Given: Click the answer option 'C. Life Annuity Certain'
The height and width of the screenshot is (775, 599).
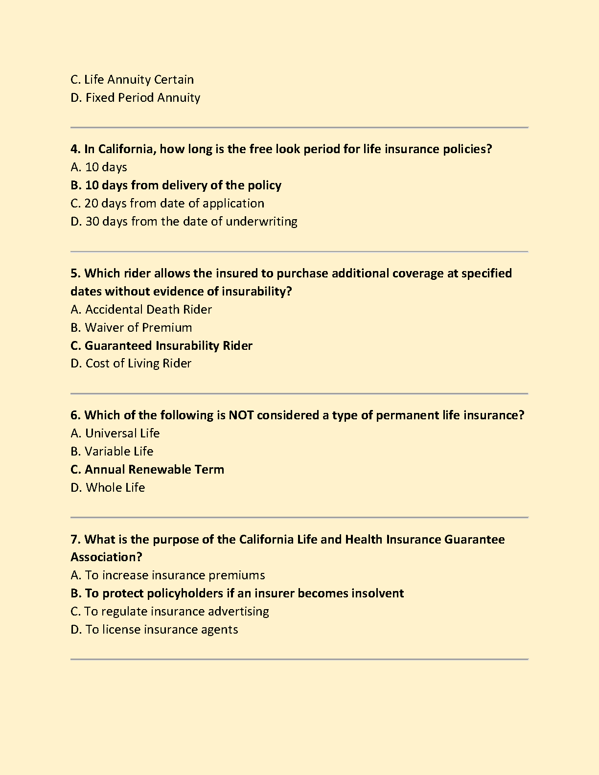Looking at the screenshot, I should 132,80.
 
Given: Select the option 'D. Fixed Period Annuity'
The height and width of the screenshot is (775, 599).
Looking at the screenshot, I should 135,98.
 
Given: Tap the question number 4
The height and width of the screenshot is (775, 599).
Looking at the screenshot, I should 75,149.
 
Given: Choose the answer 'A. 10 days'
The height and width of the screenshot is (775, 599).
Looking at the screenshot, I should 99,167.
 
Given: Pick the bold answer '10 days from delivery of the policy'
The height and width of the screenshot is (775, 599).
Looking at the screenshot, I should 183,185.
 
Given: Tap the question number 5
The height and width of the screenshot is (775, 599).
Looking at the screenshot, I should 75,274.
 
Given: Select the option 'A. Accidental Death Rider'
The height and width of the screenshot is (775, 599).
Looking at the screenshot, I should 141,310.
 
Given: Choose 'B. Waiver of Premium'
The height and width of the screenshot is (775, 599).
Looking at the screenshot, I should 131,328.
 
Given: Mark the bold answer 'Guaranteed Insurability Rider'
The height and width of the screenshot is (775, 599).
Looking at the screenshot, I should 168,346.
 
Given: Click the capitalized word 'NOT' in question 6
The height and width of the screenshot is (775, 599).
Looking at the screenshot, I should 241,415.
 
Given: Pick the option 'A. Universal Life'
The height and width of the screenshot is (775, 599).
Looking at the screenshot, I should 115,433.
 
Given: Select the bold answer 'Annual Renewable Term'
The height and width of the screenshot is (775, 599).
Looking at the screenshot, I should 154,470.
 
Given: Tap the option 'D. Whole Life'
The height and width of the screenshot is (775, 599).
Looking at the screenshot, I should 108,488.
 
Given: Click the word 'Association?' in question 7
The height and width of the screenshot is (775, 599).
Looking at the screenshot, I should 106,557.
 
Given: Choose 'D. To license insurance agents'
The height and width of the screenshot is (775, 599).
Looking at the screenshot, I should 154,630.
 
